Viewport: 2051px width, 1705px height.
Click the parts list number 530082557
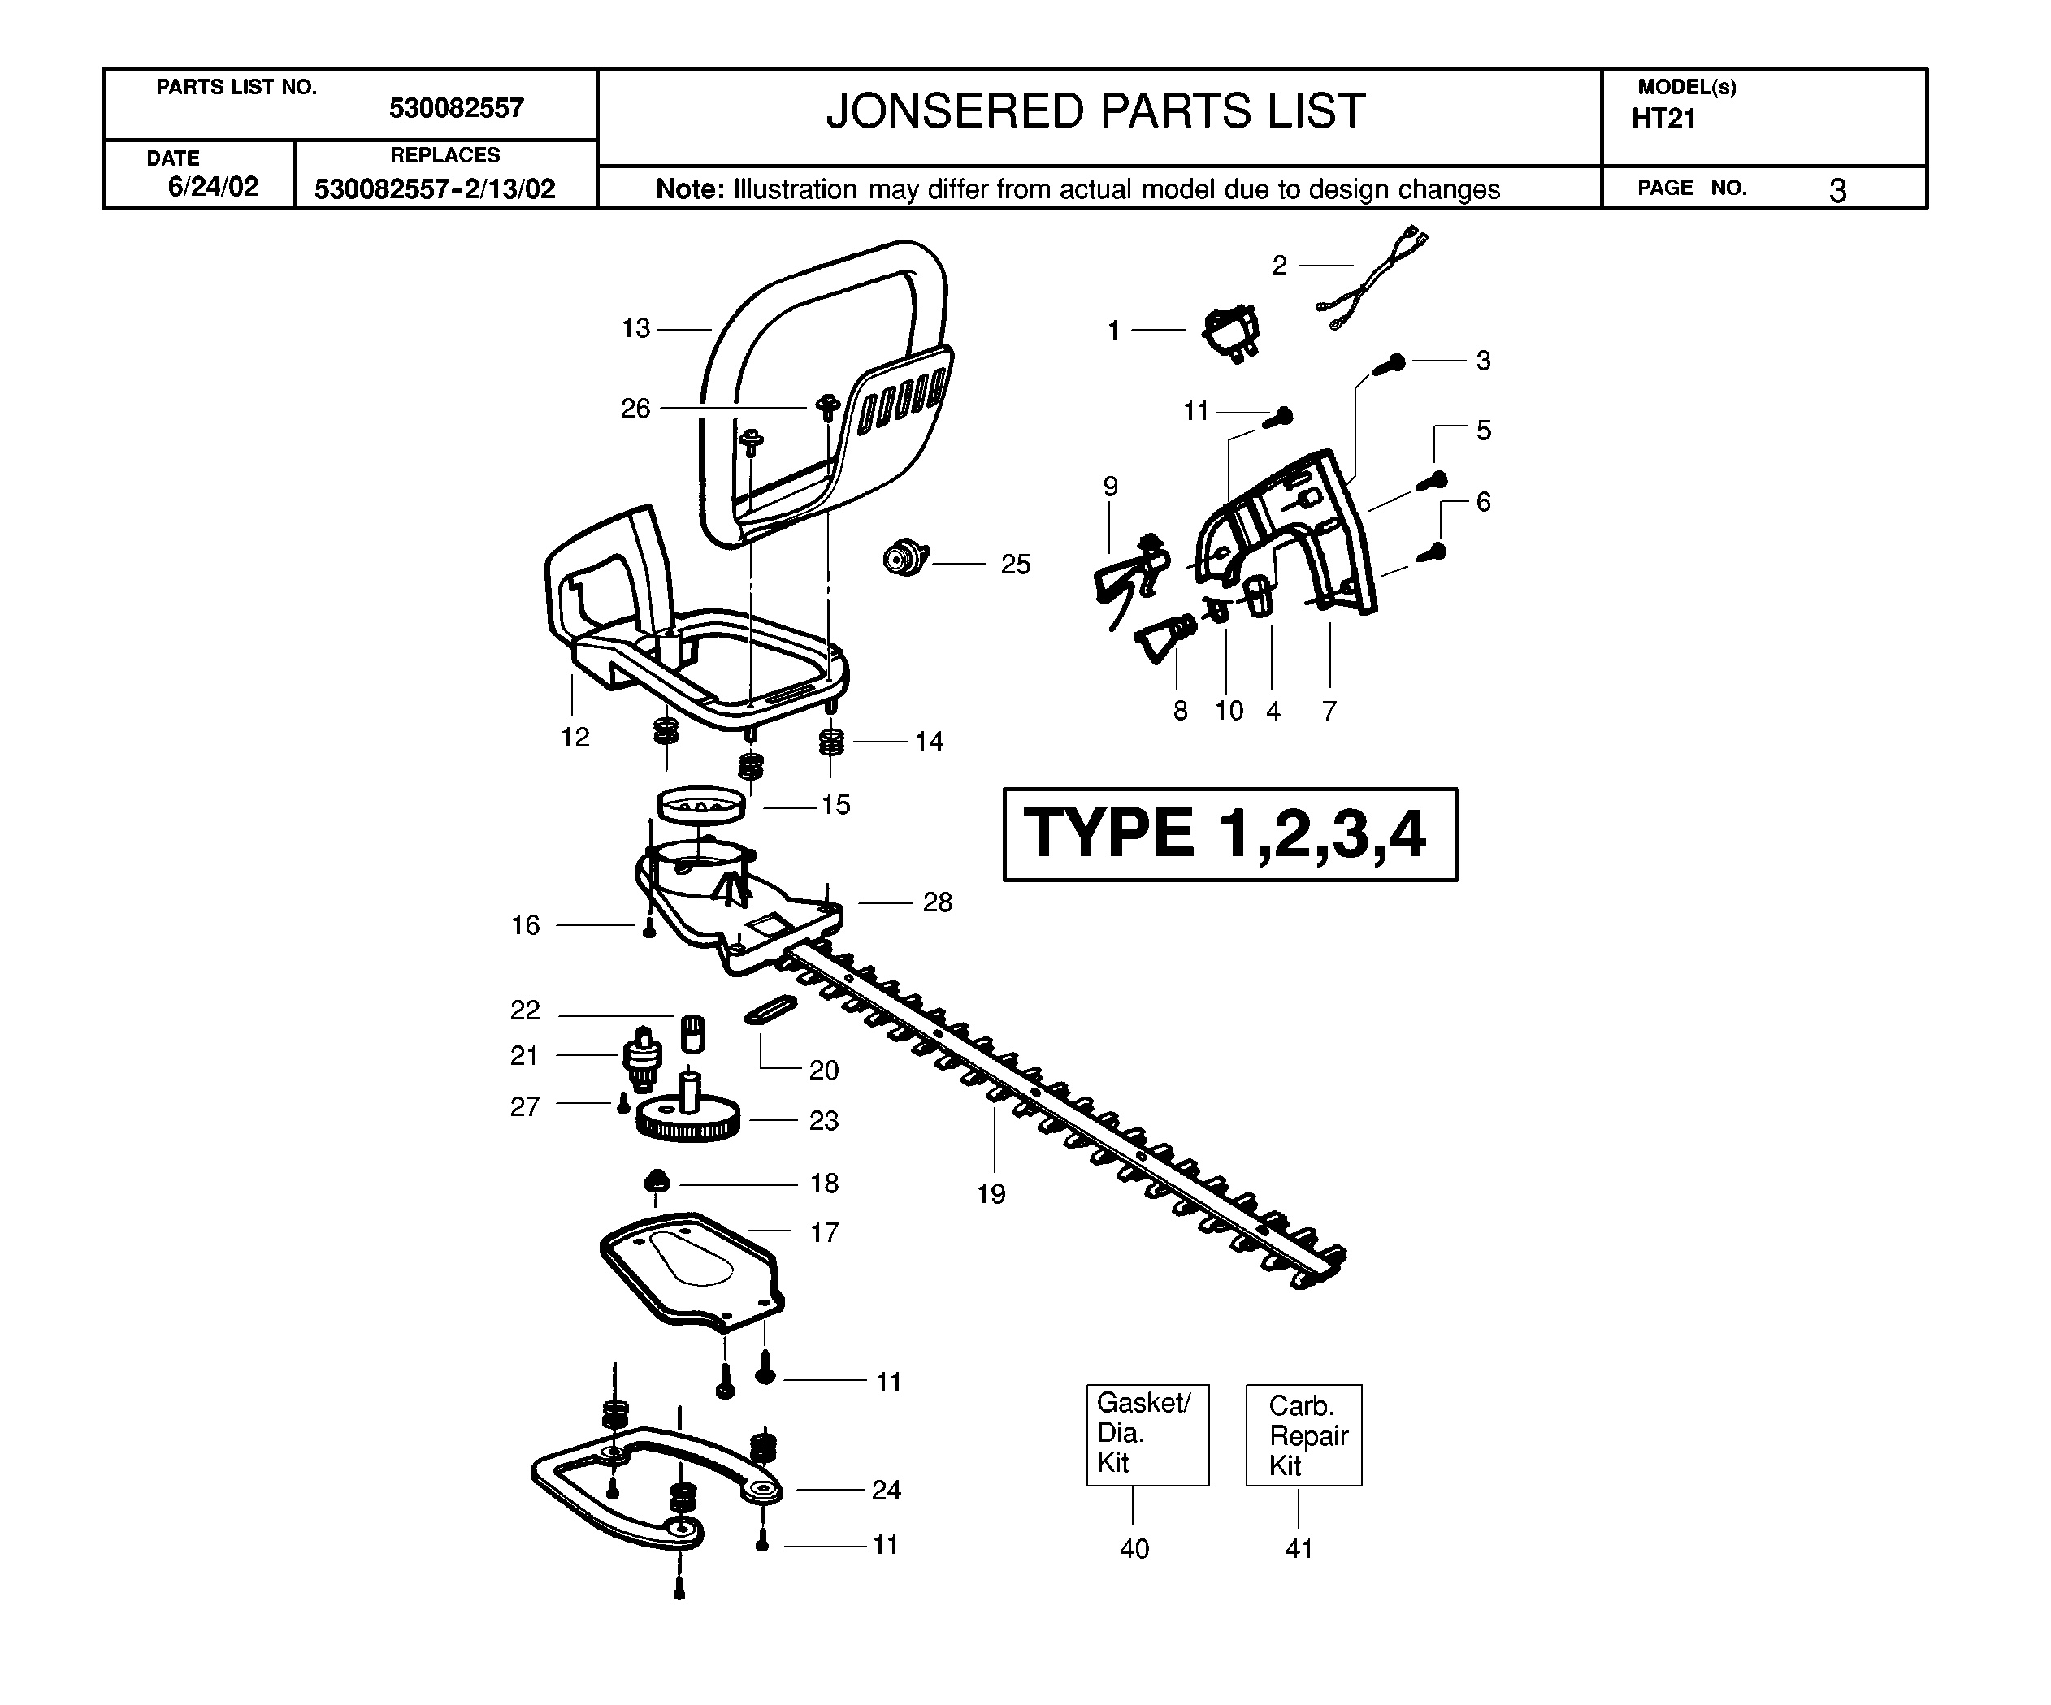pyautogui.click(x=456, y=107)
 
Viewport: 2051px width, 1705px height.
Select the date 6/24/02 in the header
pyautogui.click(x=213, y=187)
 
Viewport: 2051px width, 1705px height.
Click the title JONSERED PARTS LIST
pyautogui.click(x=1095, y=111)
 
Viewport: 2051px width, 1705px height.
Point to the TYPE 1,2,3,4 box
pyautogui.click(x=1229, y=834)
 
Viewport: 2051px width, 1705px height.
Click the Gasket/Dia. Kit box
pyautogui.click(x=1147, y=1435)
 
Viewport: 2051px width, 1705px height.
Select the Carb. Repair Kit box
pyautogui.click(x=1304, y=1435)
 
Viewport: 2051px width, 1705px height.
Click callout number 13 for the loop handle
pyautogui.click(x=635, y=328)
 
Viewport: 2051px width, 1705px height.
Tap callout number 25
pyautogui.click(x=1016, y=565)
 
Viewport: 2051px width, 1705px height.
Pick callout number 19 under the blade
pyautogui.click(x=991, y=1193)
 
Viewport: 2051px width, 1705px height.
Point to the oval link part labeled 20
pyautogui.click(x=770, y=1010)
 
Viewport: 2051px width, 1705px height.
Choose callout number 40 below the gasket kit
pyautogui.click(x=1134, y=1547)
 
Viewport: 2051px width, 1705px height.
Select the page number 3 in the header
pyautogui.click(x=1837, y=189)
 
